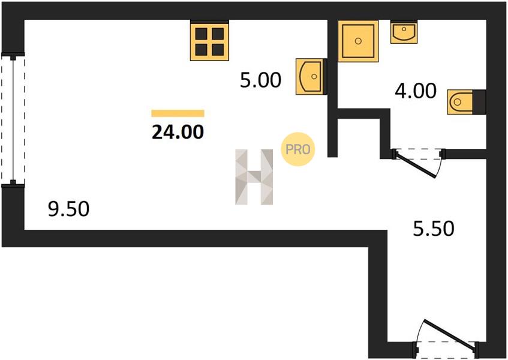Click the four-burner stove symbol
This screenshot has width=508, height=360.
[209, 40]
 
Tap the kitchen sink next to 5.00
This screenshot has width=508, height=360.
[310, 76]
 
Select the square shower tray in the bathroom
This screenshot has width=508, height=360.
[358, 41]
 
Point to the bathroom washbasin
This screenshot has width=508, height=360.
[404, 31]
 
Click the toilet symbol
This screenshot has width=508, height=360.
[460, 102]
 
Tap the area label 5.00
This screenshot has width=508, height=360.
[260, 80]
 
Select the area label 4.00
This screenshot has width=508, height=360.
[416, 91]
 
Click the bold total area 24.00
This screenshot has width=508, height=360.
[178, 131]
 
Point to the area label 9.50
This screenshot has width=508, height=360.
[69, 209]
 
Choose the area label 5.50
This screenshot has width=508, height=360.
[434, 229]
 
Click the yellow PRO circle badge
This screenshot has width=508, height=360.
[298, 149]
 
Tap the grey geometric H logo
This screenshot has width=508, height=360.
[254, 177]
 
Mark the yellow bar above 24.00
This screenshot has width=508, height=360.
[178, 113]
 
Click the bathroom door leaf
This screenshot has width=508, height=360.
[416, 164]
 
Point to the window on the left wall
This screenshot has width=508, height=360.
[13, 120]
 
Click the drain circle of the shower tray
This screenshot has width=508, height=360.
[358, 41]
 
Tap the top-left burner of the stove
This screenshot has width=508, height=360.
[201, 34]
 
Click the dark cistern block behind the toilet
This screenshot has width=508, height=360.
[479, 102]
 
